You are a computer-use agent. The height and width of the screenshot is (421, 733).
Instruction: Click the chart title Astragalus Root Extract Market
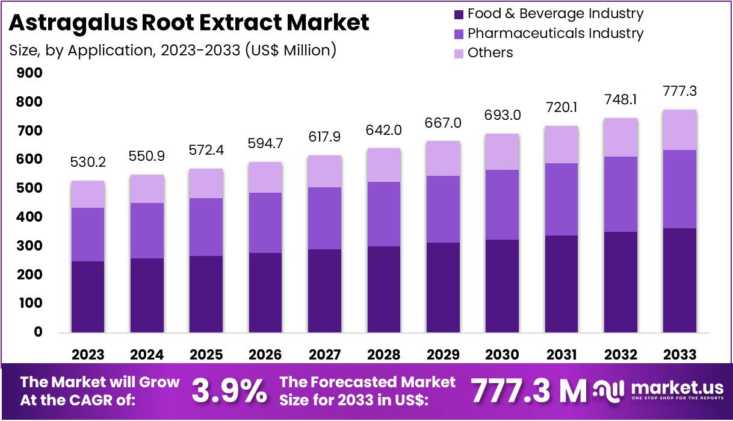188,23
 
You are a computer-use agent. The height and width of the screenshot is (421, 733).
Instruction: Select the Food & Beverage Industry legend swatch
458,14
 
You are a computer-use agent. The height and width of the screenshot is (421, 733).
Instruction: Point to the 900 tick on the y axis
30,73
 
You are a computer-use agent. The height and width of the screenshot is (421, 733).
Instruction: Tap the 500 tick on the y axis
30,189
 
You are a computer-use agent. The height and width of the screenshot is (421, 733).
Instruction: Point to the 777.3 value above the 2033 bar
680,91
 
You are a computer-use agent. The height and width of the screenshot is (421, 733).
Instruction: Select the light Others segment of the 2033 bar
680,129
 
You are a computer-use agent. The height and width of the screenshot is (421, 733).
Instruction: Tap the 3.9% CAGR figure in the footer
229,391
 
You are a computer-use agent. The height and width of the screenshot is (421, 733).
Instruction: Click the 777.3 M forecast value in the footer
528,391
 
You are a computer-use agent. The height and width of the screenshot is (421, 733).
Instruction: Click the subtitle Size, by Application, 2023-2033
173,50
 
